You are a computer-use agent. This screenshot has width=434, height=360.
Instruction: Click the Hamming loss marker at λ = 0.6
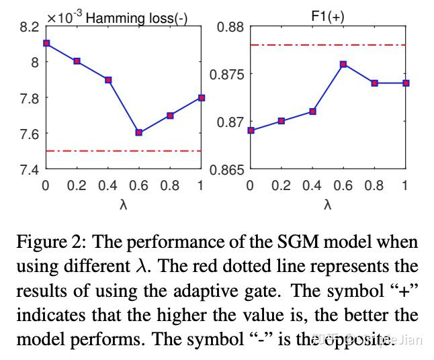(139, 132)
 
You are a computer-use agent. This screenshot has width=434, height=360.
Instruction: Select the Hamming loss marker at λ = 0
(46, 43)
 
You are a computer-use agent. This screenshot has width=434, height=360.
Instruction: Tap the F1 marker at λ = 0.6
(343, 64)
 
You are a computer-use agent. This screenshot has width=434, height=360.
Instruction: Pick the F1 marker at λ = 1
(405, 83)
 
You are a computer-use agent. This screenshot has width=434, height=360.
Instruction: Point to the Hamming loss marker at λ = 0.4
(108, 80)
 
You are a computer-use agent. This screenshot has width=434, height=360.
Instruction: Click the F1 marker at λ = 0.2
(281, 121)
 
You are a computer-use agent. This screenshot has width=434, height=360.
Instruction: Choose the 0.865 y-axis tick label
(228, 169)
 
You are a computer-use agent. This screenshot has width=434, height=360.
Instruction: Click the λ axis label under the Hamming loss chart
(124, 204)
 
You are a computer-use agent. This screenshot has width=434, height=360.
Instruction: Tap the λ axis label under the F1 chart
(328, 204)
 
